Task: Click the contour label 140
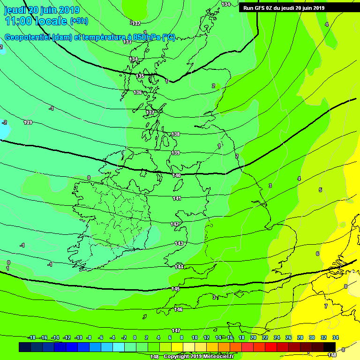(x=176, y=175)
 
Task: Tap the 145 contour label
(x=175, y=289)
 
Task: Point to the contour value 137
(x=150, y=112)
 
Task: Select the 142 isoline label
(x=175, y=224)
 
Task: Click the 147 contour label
(x=176, y=330)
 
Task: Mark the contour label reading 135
(x=140, y=76)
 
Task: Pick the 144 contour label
(x=179, y=266)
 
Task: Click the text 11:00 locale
(x=36, y=21)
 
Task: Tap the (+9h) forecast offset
(x=78, y=21)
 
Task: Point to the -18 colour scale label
(x=31, y=337)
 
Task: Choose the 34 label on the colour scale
(x=335, y=337)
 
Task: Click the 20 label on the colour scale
(x=253, y=337)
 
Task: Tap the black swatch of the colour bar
(x=330, y=347)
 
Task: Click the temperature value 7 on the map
(x=326, y=306)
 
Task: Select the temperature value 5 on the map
(x=320, y=190)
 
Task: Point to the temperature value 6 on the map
(x=317, y=254)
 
